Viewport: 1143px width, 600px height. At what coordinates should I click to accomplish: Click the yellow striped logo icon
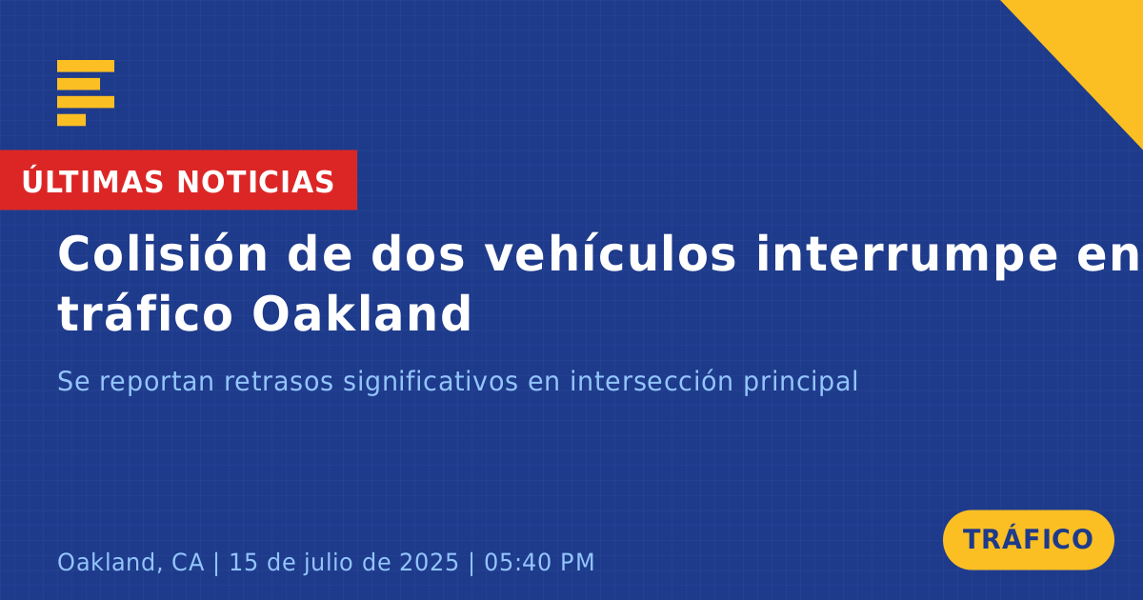86,93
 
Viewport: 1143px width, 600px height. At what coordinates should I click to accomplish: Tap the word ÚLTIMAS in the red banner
92,182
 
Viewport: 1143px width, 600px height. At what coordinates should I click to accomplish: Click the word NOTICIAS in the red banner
255,182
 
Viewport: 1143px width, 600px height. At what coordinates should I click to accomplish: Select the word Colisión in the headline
162,254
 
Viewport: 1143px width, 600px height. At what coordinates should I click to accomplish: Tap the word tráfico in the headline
145,312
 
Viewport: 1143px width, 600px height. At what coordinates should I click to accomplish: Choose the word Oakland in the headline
362,312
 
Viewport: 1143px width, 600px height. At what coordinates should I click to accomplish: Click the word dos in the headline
418,254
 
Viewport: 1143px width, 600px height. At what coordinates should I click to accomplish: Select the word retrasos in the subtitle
278,381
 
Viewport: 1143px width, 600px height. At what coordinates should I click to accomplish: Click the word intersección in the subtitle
652,381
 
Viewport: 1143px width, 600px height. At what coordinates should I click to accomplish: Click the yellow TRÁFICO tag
1028,540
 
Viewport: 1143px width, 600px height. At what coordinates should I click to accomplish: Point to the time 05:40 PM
539,562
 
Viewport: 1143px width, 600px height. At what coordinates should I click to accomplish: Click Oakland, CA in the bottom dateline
130,563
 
